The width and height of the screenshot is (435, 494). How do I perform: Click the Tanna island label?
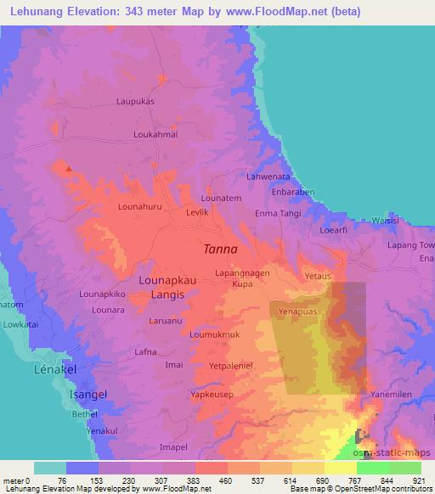221,250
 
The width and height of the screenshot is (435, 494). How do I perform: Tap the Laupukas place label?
134,101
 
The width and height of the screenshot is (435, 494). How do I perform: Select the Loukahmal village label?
155,134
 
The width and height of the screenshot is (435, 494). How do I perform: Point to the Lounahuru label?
139,206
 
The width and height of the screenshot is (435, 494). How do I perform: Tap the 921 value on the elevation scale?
419,480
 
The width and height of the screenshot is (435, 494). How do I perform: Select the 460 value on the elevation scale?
227,480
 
